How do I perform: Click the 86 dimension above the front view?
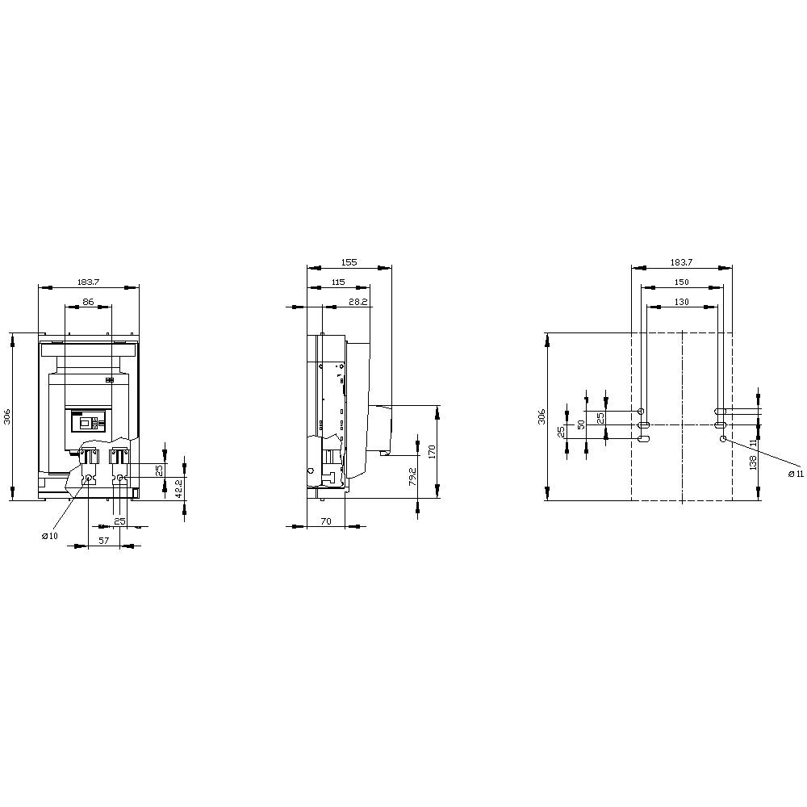click(89, 301)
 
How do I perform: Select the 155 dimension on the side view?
click(349, 262)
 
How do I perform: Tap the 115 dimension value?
click(337, 282)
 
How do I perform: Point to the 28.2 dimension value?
click(358, 301)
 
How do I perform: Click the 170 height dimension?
click(432, 452)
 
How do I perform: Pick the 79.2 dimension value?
click(412, 477)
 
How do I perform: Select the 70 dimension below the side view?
click(325, 521)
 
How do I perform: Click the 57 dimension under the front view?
click(104, 541)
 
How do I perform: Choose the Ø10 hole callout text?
click(50, 537)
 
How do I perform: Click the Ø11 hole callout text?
click(796, 474)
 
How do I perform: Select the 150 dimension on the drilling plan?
click(681, 282)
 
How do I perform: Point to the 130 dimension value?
click(681, 301)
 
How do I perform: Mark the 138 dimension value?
click(753, 462)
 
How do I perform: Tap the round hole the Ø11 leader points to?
click(723, 438)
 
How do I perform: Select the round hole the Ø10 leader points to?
click(89, 479)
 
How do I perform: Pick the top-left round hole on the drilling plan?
click(642, 411)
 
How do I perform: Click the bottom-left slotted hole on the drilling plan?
click(642, 438)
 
